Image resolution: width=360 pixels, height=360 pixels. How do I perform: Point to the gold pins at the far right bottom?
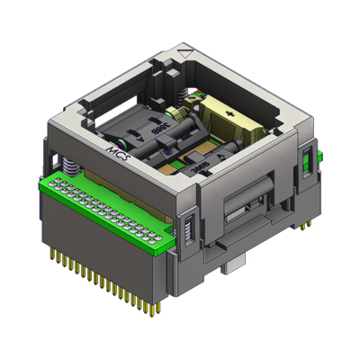click(x=306, y=220)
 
